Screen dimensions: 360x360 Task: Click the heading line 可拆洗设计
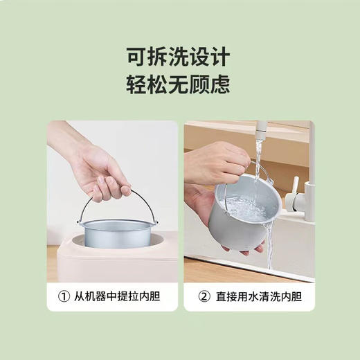coord(179,55)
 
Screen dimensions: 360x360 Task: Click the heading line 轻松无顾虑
coord(179,84)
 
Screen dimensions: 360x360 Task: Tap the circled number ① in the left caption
coord(62,298)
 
